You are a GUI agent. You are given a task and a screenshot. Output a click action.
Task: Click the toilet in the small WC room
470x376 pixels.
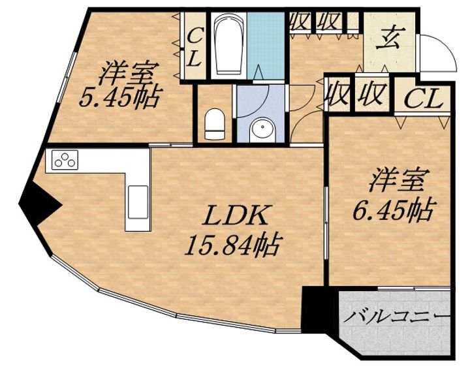[x=214, y=123]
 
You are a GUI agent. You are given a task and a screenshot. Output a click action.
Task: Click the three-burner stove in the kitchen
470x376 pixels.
[x=65, y=159]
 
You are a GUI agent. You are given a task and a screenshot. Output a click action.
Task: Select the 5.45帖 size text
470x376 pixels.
[x=120, y=98]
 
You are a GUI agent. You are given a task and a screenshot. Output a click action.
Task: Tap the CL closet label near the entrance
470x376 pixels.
[x=425, y=99]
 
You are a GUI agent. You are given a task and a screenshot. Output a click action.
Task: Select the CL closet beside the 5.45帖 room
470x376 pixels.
[x=195, y=46]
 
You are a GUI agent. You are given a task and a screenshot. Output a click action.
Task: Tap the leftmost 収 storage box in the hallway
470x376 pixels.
[x=300, y=21]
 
